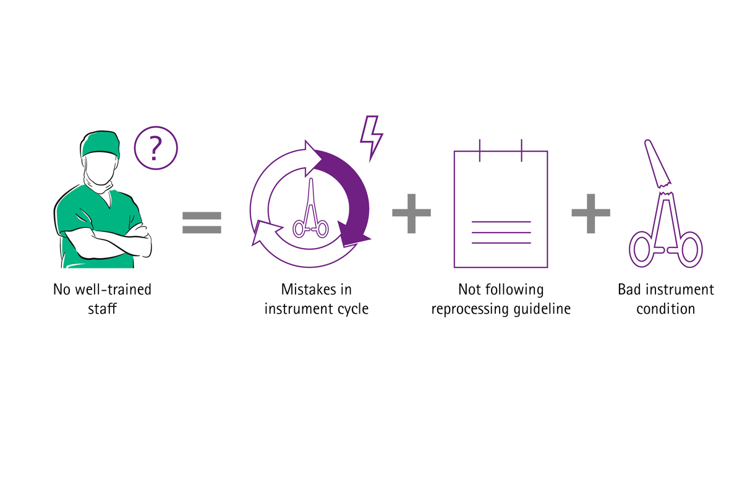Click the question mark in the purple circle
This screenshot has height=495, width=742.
[155, 149]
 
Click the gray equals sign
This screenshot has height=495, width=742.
[202, 223]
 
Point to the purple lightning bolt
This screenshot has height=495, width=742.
[372, 138]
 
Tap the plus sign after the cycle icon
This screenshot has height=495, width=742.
[411, 213]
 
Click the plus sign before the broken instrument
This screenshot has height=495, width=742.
[591, 213]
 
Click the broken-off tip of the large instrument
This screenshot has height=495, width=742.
[657, 163]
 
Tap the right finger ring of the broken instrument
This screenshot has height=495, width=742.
[689, 249]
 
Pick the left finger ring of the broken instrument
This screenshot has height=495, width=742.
[642, 249]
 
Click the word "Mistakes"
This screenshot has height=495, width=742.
[303, 290]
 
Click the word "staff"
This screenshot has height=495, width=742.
[103, 309]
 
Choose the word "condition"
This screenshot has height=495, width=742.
[666, 309]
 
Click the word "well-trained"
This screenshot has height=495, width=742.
[114, 290]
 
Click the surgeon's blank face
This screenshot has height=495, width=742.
[100, 168]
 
